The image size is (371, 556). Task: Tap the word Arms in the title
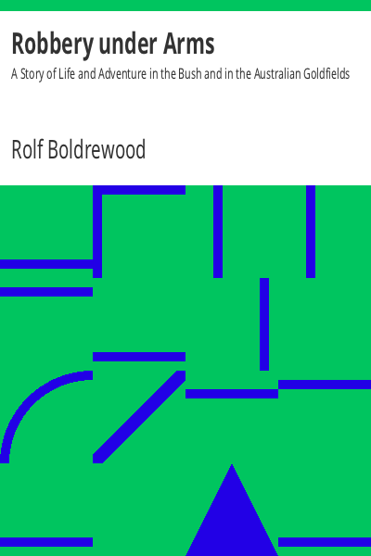pyautogui.click(x=188, y=44)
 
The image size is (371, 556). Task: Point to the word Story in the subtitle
pyautogui.click(x=32, y=74)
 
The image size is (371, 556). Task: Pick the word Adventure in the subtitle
pyautogui.click(x=122, y=74)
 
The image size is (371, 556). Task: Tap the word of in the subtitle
pyautogui.click(x=51, y=74)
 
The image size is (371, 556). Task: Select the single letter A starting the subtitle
pyautogui.click(x=14, y=74)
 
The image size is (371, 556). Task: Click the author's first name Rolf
pyautogui.click(x=27, y=149)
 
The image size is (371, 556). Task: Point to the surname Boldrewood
pyautogui.click(x=96, y=149)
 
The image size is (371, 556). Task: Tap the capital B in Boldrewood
pyautogui.click(x=54, y=149)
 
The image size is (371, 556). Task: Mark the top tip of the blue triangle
pyautogui.click(x=232, y=464)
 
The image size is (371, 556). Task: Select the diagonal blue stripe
pyautogui.click(x=139, y=417)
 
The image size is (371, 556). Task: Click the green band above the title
pyautogui.click(x=185, y=6)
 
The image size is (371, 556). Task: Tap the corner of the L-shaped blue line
pyautogui.click(x=97, y=190)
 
